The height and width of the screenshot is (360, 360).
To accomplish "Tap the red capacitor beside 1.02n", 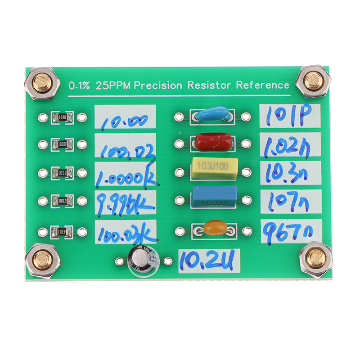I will click(x=213, y=142).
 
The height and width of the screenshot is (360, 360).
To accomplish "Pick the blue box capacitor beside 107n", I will click(x=214, y=196).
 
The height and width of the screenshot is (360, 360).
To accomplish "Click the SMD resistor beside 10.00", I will click(x=62, y=118).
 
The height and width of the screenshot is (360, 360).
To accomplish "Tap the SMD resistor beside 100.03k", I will click(x=62, y=232).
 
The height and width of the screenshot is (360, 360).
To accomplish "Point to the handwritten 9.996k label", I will click(x=124, y=203).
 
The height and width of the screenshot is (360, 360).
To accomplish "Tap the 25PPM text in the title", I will click(x=112, y=85).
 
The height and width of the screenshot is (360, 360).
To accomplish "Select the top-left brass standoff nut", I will click(x=43, y=83).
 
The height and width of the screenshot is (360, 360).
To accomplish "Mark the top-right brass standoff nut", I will click(x=315, y=81).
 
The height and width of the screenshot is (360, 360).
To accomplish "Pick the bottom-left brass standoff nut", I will click(x=43, y=260).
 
